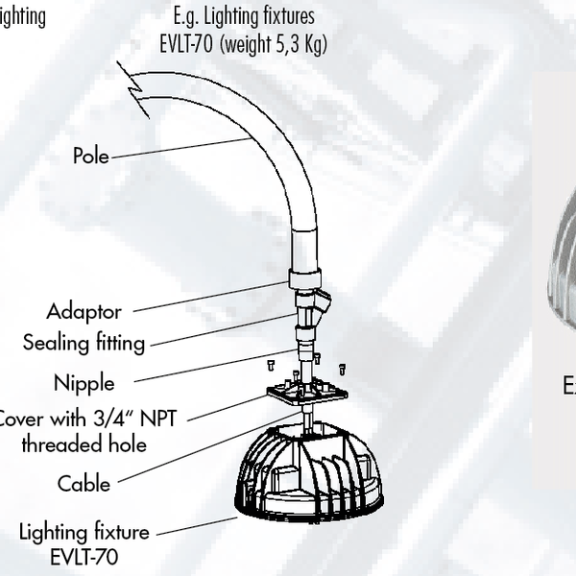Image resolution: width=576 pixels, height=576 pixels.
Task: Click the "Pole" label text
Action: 91,156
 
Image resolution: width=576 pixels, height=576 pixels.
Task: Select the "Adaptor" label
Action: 84,312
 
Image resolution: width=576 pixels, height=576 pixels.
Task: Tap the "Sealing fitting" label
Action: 85,343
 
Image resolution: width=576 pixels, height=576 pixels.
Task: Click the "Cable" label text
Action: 84,484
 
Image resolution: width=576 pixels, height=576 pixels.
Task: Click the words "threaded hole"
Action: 84,444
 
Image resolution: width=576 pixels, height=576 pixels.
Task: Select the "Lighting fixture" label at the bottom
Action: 84,532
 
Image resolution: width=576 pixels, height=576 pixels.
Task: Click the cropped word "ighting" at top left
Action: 21,17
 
